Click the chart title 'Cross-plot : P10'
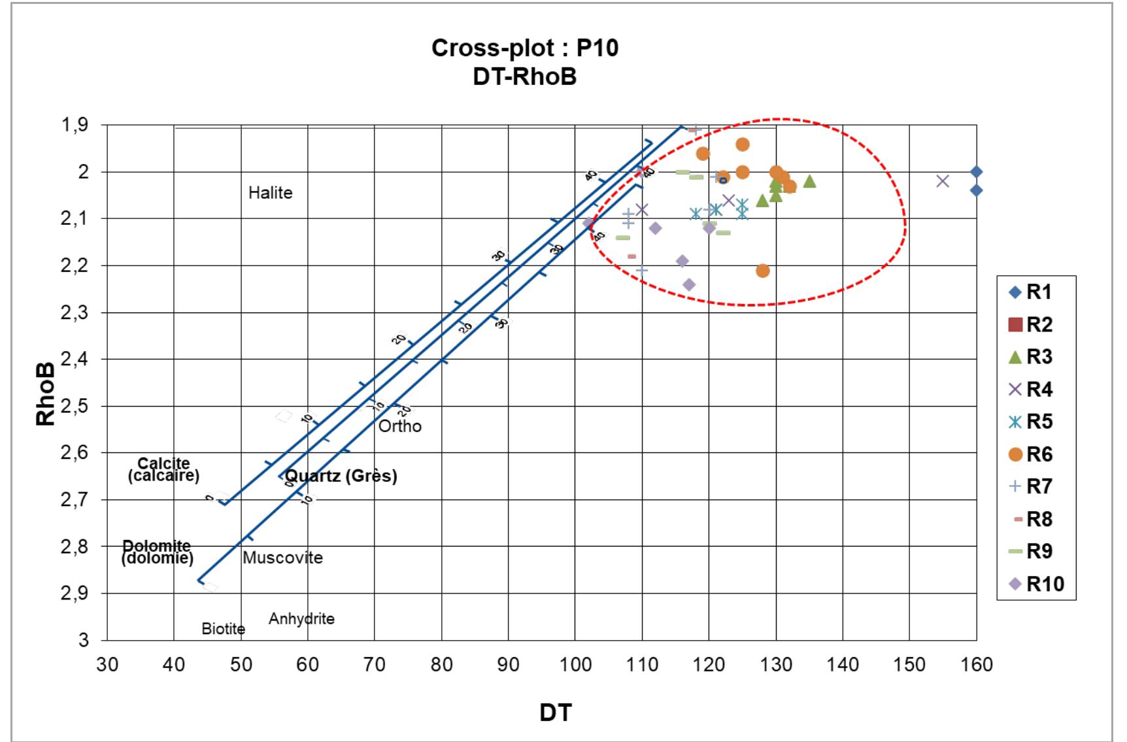[x=524, y=48]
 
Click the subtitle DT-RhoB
[x=524, y=77]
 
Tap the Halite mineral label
[x=270, y=193]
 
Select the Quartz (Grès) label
[x=341, y=476]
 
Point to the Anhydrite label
[x=301, y=618]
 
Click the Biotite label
[x=223, y=629]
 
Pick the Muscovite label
[x=282, y=558]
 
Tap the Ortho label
[x=400, y=426]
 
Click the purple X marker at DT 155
[x=943, y=181]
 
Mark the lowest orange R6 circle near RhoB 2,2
[x=762, y=271]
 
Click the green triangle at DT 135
[x=809, y=181]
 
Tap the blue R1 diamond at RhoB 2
[x=976, y=172]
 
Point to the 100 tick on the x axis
[x=575, y=665]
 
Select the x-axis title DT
[x=555, y=713]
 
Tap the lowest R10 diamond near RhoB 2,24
[x=689, y=284]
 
